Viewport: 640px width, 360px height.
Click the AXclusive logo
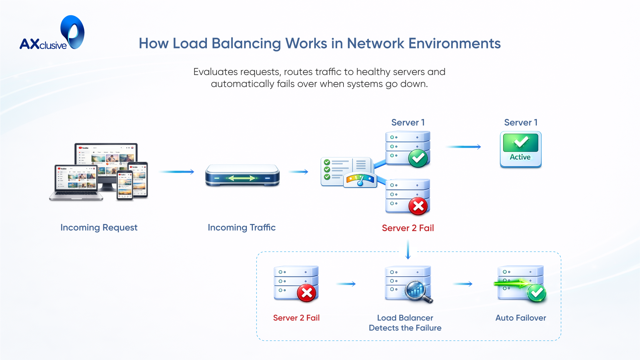(52, 33)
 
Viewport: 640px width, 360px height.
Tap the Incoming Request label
(99, 228)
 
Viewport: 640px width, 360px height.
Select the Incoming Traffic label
(242, 228)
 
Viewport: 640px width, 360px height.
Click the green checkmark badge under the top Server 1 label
(418, 158)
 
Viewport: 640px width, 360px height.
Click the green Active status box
(520, 149)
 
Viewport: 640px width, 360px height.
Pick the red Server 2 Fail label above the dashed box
(407, 228)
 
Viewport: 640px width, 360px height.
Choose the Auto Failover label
(520, 318)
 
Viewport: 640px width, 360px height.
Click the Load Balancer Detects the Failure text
(405, 323)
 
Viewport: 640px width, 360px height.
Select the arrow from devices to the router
(176, 172)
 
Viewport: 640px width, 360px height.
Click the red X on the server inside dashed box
(307, 293)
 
